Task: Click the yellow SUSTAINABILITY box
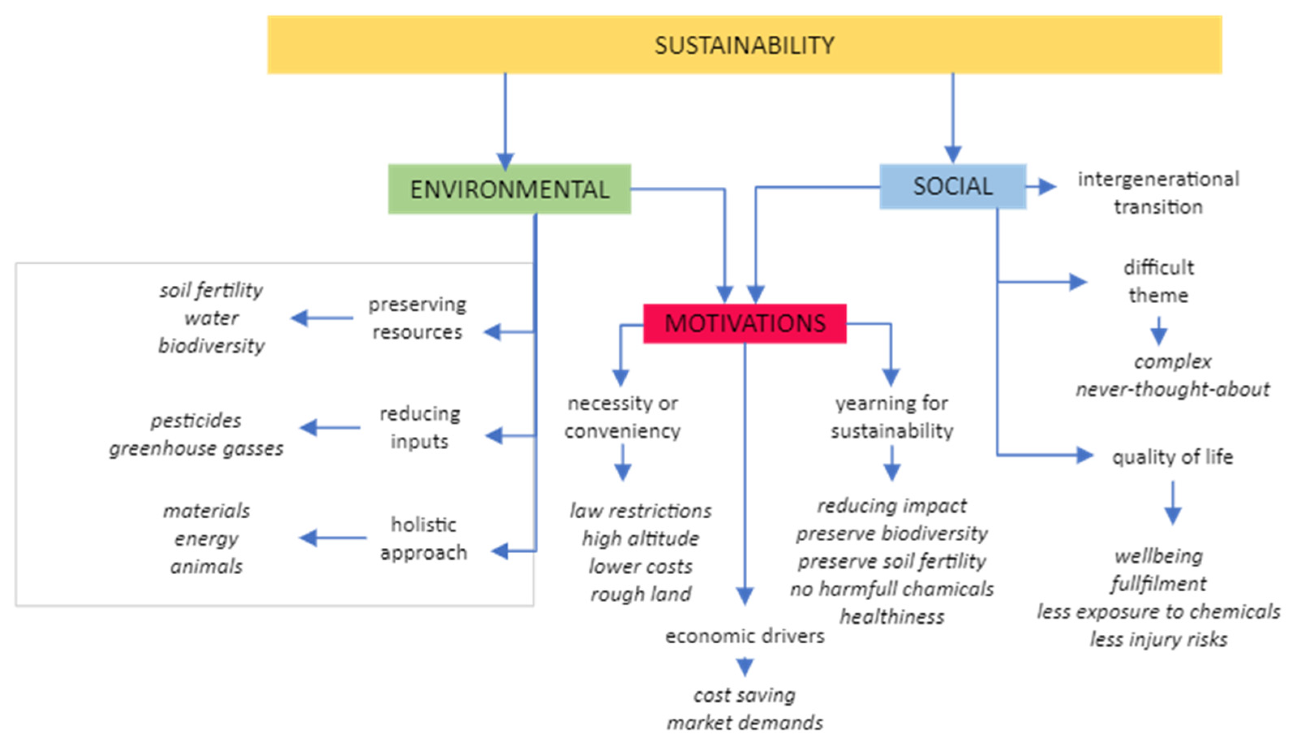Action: click(x=744, y=45)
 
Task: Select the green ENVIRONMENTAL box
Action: click(x=509, y=189)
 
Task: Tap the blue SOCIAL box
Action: click(x=952, y=186)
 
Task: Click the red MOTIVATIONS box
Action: click(x=744, y=323)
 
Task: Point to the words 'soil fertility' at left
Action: click(x=211, y=291)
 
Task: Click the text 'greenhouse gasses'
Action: click(x=196, y=449)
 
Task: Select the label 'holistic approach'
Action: click(x=423, y=539)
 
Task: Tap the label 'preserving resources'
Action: click(x=417, y=318)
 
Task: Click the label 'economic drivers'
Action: click(x=744, y=636)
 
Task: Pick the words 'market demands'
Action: click(x=744, y=723)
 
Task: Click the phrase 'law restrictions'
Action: click(x=640, y=511)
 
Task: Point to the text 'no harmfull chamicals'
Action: click(x=892, y=589)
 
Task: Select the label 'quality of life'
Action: click(x=1172, y=457)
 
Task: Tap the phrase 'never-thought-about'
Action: click(x=1172, y=389)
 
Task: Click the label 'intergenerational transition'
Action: click(x=1158, y=193)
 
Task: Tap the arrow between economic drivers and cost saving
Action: click(x=744, y=666)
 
